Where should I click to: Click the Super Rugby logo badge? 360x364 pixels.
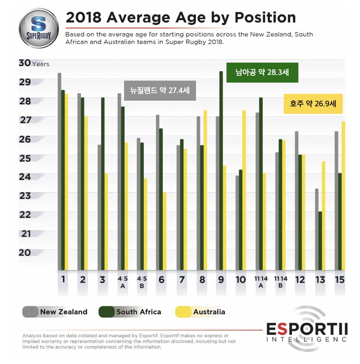(39, 28)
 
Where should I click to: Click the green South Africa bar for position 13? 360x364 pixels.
(320, 241)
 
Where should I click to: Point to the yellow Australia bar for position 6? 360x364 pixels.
(165, 231)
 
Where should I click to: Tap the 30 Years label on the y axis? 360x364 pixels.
(34, 63)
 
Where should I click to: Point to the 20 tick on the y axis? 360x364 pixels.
(25, 252)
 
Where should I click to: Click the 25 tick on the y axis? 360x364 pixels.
(25, 158)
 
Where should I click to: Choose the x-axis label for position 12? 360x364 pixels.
(300, 280)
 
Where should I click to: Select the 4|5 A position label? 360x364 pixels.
(123, 282)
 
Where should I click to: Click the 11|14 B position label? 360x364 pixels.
(280, 282)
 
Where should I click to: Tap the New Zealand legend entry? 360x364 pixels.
(55, 312)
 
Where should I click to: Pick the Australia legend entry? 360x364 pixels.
(200, 312)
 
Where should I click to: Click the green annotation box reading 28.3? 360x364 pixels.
(262, 72)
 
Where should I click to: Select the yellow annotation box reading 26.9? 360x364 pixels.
(313, 104)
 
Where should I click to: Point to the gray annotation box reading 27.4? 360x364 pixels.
(160, 90)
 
